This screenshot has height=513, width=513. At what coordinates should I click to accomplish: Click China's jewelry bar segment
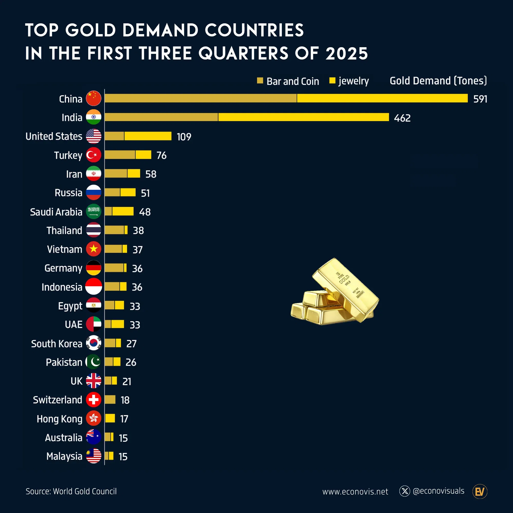coord(382,98)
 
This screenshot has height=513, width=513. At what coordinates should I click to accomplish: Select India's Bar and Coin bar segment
coord(161,117)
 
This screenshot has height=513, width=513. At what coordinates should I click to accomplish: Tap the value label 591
coord(480,99)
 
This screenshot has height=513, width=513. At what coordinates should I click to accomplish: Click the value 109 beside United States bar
coord(184,137)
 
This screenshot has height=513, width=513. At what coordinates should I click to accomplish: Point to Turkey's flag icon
coord(93,155)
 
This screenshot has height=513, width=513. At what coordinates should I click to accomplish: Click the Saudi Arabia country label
coord(56,212)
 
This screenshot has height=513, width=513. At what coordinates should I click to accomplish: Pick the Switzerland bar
coord(110,399)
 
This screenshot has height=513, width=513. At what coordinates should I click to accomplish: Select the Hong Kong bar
coord(110,418)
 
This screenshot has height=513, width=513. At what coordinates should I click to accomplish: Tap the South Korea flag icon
coord(93,343)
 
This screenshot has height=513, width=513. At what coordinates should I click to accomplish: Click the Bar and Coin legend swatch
coord(260,81)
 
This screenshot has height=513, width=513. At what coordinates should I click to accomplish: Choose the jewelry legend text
coord(354,81)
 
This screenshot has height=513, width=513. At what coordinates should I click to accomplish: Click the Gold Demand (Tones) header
coord(438,81)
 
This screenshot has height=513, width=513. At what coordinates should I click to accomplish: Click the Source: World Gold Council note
coord(71,491)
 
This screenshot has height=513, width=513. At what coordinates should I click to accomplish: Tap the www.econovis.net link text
coord(355,492)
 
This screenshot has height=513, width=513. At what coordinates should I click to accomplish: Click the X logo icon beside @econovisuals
coord(405,491)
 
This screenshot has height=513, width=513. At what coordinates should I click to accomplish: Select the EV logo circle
coord(480,491)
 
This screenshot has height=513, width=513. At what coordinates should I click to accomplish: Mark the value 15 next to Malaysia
coord(123,457)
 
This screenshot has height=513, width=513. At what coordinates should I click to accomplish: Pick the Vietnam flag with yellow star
coord(93,249)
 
